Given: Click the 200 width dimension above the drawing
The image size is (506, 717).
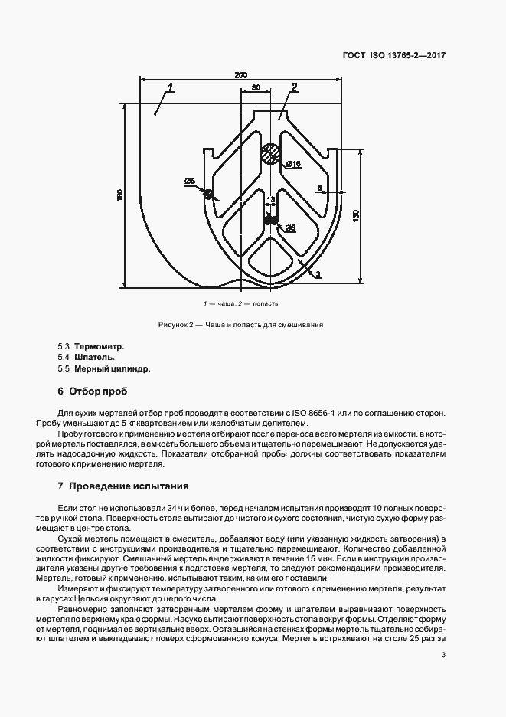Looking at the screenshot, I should pos(240,75).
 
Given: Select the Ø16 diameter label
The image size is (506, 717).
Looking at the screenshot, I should pos(293,165).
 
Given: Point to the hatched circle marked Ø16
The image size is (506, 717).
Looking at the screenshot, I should pos(269,154).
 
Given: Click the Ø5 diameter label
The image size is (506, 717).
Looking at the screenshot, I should pos(190,181).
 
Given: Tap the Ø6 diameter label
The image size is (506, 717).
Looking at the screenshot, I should pos(290,228).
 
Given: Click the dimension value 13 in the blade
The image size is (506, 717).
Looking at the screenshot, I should pos(269,200).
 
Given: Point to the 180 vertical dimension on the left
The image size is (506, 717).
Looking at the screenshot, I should pos(119,197).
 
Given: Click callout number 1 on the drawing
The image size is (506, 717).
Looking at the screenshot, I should pos(169,86).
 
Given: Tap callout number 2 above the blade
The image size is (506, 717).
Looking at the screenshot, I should pos(294,86).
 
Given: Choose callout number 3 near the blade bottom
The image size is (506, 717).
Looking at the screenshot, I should pos(318,273).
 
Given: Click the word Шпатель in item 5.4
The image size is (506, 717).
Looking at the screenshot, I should pos(94,357).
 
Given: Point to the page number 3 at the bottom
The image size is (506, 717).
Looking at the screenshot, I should pos(444,655).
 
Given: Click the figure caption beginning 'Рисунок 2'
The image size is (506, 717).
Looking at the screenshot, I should pos(240,324).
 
